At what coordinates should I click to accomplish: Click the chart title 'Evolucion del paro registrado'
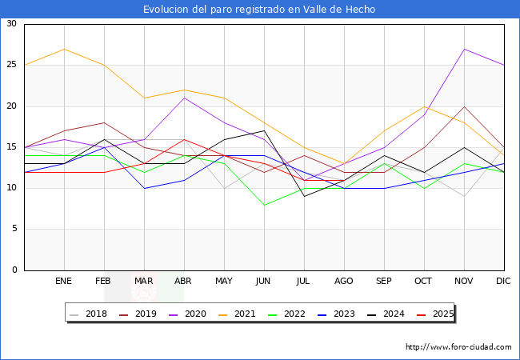point(259,10)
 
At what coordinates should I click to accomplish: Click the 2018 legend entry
point(90,314)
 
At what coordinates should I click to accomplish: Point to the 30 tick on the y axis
point(11,24)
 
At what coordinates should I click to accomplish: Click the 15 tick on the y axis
point(11,147)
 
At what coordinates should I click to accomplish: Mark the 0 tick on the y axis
point(14,270)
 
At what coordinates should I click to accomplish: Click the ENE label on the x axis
point(64,282)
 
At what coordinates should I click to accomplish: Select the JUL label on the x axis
point(304,282)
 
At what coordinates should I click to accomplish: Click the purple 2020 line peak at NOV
point(464,49)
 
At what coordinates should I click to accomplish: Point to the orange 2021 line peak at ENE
point(64,49)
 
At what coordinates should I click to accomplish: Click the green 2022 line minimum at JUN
point(264,205)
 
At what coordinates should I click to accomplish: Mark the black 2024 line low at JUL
point(304,196)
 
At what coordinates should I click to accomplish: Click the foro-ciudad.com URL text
point(458,347)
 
